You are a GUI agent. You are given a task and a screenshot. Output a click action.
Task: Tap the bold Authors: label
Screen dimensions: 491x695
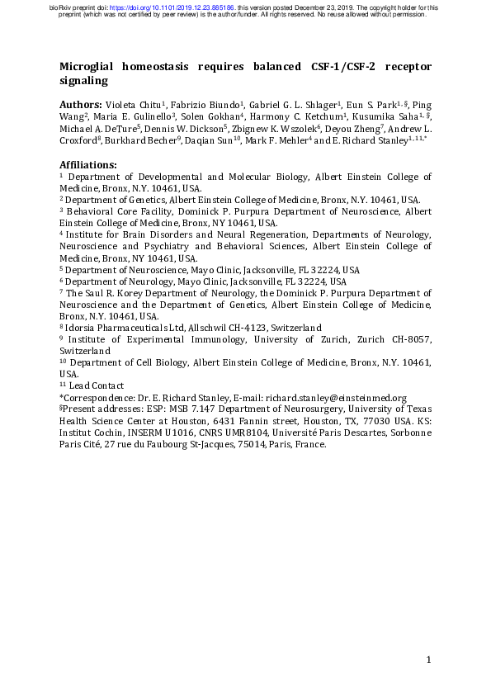[x=81, y=106]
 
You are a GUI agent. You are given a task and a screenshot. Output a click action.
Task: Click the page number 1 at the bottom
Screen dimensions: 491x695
[x=429, y=660]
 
